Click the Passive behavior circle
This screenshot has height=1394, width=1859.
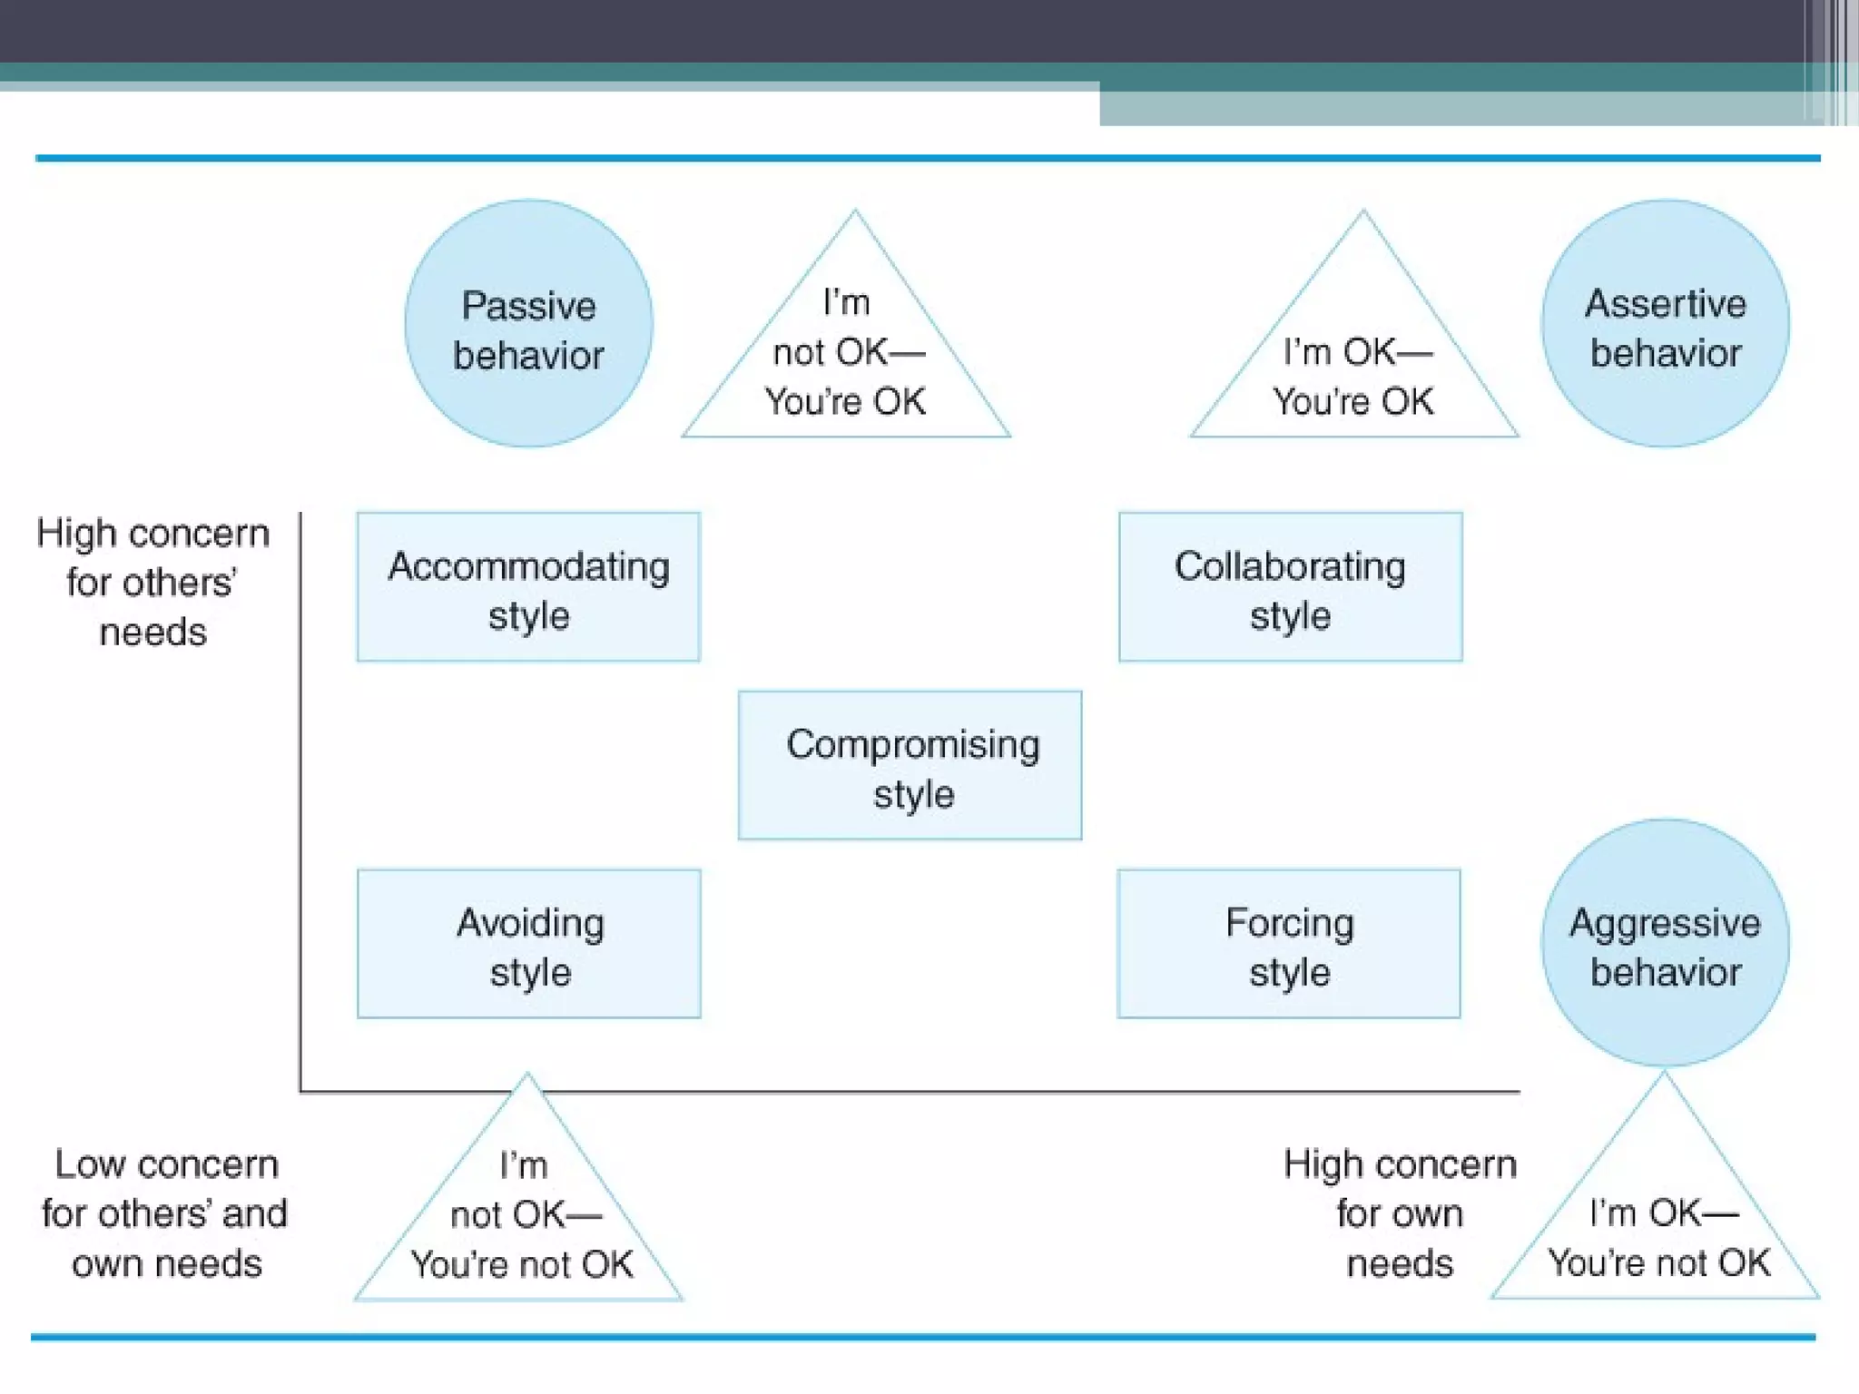[528, 324]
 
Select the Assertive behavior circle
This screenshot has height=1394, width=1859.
[1665, 324]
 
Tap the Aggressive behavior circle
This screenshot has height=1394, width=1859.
[1665, 944]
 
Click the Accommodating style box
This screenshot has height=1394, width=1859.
[528, 587]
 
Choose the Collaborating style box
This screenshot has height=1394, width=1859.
[1290, 587]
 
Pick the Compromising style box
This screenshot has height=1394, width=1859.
[910, 766]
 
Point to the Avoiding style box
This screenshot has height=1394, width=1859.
[528, 944]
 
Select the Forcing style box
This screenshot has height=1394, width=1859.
[1289, 944]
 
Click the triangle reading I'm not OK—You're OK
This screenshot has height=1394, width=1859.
[846, 363]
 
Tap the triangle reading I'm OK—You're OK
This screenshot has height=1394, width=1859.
[1354, 372]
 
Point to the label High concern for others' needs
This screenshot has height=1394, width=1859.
[152, 582]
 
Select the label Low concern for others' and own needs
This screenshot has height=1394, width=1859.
[165, 1213]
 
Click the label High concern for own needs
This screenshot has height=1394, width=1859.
[1400, 1213]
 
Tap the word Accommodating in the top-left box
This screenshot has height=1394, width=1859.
[528, 566]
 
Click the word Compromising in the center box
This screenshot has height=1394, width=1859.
[913, 745]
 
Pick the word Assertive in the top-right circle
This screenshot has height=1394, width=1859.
[1665, 303]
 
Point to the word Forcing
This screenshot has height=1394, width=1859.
[1289, 923]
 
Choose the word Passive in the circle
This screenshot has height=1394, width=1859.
[528, 306]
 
